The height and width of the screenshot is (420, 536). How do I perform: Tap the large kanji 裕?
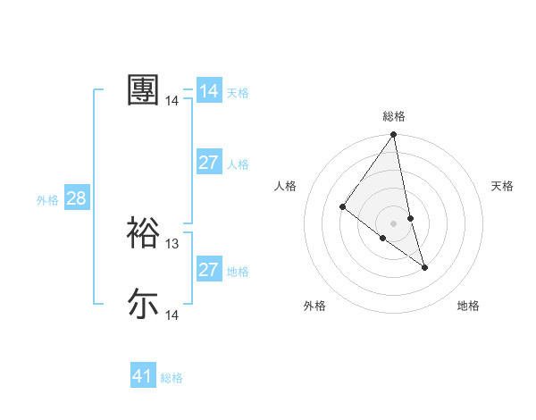click(x=143, y=232)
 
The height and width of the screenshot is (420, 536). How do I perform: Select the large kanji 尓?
click(x=143, y=304)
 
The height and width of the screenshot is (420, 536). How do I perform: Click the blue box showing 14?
click(x=209, y=91)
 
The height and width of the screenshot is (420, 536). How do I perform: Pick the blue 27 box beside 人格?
click(x=209, y=163)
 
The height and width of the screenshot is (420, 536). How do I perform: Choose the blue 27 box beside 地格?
click(x=209, y=270)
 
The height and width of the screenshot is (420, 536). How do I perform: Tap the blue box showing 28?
click(x=76, y=198)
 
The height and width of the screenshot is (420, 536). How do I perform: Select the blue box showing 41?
click(x=143, y=376)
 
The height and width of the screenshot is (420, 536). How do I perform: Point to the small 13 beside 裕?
click(x=172, y=244)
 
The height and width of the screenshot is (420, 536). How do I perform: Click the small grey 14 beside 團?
click(x=172, y=101)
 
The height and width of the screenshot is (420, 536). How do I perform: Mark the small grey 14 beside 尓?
click(x=172, y=315)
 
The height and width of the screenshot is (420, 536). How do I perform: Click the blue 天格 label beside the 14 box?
click(x=238, y=93)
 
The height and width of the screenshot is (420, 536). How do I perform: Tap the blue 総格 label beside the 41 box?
click(x=172, y=378)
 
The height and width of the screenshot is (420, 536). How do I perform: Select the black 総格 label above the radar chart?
click(x=394, y=116)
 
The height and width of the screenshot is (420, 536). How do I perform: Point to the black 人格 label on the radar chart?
click(x=286, y=186)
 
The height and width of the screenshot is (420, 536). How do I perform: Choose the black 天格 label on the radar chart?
click(x=503, y=186)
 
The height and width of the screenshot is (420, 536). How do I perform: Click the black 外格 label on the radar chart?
click(x=314, y=307)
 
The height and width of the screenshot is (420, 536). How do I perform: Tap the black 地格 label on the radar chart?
click(x=468, y=307)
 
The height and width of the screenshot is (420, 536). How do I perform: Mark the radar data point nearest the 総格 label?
click(x=394, y=135)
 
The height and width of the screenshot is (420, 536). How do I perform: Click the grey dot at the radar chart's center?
click(x=394, y=222)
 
